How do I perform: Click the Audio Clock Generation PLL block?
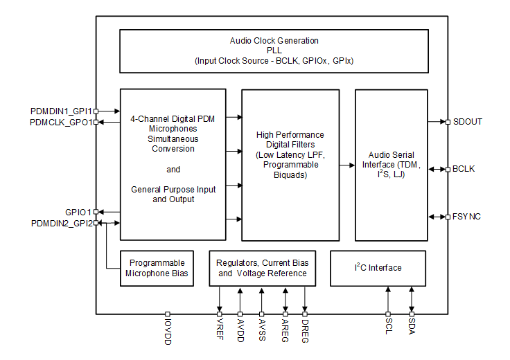click(274, 51)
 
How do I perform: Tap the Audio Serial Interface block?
click(391, 164)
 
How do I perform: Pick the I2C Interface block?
click(378, 268)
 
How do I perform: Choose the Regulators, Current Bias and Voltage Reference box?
click(263, 268)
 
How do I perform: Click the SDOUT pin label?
click(467, 122)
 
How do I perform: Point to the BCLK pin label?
click(464, 169)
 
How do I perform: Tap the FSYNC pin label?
click(466, 217)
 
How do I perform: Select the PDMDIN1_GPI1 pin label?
click(61, 111)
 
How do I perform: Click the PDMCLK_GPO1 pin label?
click(61, 122)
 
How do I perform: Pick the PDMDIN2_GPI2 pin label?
click(62, 223)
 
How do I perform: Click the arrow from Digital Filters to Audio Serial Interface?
click(347, 165)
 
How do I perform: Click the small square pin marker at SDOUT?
click(448, 122)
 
